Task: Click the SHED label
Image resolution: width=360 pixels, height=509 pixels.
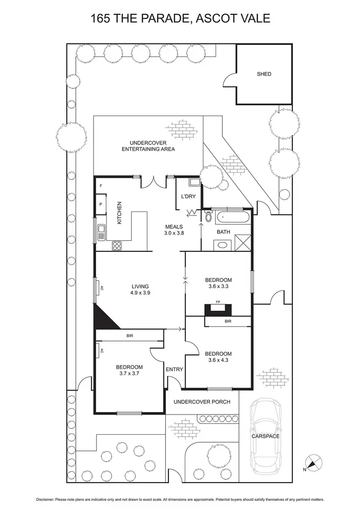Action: tap(264, 74)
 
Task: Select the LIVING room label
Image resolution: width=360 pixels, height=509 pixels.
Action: tap(141, 286)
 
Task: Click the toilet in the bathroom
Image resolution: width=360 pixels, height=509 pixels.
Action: tap(208, 216)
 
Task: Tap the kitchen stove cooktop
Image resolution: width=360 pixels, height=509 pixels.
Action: tap(117, 246)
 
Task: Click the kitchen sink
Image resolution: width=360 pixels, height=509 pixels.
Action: tap(101, 232)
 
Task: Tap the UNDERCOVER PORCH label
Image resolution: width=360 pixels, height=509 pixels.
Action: tap(202, 402)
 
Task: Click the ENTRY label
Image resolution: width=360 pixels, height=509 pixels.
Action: tap(174, 369)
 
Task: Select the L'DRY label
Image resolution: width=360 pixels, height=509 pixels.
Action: tap(188, 197)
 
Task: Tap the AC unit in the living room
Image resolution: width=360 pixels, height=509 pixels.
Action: tap(97, 288)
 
